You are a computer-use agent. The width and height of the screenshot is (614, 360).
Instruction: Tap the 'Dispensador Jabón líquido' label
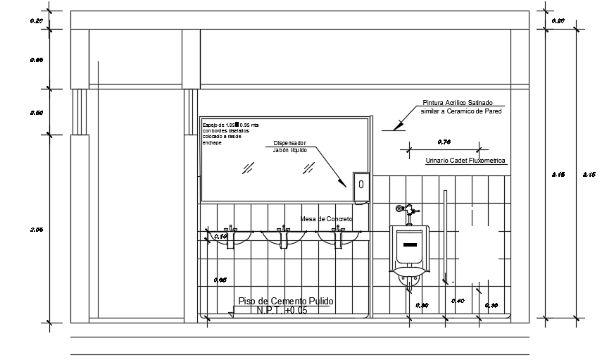click(x=290, y=146)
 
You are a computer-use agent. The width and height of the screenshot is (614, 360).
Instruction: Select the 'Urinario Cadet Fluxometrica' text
click(x=466, y=161)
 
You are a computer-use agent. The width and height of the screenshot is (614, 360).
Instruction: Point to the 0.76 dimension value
click(x=444, y=142)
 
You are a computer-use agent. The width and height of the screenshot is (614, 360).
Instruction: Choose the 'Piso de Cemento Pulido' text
click(x=286, y=301)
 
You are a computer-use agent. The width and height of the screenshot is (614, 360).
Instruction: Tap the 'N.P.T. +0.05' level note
click(x=282, y=310)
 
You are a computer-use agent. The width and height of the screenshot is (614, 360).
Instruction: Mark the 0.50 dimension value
click(x=37, y=113)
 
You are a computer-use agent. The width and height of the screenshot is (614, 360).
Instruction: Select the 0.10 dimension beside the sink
click(x=220, y=237)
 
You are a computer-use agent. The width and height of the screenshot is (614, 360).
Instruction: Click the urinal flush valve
click(x=407, y=210)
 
